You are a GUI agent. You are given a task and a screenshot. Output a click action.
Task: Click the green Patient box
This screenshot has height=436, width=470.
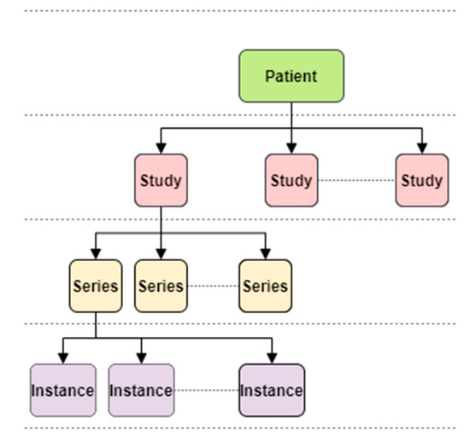point(291,76)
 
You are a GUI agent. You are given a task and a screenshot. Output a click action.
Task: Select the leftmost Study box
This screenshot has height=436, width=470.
point(161,180)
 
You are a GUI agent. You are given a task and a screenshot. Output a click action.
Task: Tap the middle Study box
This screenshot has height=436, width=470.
point(291,180)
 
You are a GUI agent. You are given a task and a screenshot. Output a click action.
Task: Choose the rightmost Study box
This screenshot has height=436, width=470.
point(421,180)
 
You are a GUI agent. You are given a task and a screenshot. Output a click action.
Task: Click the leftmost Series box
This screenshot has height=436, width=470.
point(95,285)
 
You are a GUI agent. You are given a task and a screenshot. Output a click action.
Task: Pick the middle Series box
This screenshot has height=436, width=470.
point(161,285)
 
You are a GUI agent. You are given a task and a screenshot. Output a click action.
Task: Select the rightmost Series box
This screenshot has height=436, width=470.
point(265,285)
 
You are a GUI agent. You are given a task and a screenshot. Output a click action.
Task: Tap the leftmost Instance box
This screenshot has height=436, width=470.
point(62,390)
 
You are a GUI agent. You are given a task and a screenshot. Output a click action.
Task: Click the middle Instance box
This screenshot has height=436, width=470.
point(141,390)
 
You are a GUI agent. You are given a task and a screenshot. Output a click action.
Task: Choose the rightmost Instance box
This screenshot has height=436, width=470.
point(272,390)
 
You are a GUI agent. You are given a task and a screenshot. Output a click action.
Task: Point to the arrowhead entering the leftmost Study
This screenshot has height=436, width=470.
point(161,148)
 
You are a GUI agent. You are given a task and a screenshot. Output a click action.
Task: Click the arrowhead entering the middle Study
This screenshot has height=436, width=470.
point(291,148)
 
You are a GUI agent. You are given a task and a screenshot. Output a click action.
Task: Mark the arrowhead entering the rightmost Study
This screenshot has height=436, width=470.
point(421,148)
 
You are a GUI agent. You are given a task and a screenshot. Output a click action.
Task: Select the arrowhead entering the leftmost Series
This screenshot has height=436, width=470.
point(95,253)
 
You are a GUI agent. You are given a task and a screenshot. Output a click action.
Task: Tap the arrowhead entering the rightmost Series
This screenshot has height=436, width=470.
point(265,253)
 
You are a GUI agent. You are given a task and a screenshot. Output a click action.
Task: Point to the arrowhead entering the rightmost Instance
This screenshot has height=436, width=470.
point(272,358)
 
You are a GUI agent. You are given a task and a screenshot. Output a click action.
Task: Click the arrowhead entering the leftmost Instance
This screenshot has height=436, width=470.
point(62,358)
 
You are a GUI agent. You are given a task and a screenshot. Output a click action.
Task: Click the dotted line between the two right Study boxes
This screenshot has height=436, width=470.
point(356,181)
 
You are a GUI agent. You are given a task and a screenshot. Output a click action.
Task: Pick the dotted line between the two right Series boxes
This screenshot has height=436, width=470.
point(213,285)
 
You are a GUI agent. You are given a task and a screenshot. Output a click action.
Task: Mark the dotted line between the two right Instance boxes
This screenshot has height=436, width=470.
point(206,391)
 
